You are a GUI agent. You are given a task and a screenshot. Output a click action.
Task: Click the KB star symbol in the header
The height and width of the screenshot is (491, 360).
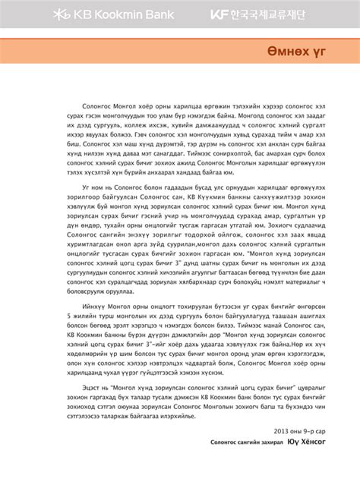(60, 14)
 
